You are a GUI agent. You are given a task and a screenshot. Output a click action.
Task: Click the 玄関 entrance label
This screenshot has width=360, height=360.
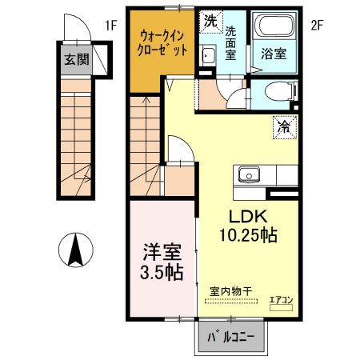tap(78, 58)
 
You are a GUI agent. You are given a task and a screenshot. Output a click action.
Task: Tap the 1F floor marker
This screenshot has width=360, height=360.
tap(110, 25)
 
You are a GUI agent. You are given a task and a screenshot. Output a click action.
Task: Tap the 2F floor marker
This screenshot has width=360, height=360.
tap(316, 25)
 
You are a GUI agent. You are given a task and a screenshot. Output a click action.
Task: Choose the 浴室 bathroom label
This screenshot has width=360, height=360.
tap(274, 56)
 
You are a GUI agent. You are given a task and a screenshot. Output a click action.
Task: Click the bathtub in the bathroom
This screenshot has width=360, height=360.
tap(275, 29)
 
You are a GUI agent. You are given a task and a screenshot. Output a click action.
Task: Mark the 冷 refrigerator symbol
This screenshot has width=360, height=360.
tap(283, 125)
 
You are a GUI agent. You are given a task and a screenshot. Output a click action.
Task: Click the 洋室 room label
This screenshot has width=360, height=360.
tap(161, 250)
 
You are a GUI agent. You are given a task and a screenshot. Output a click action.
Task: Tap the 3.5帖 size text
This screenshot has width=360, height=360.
tap(161, 272)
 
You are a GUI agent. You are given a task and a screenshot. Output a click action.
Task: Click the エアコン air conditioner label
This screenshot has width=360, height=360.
tap(281, 300)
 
